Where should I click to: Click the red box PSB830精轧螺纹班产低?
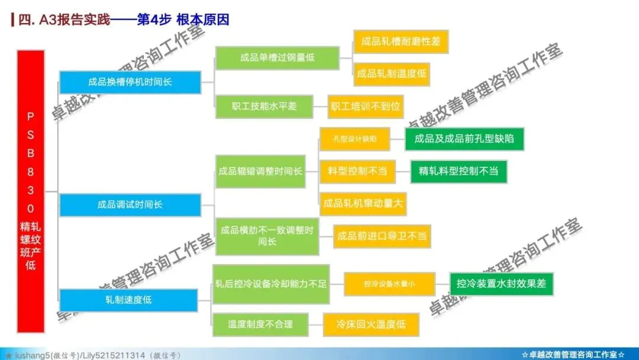click(31, 191)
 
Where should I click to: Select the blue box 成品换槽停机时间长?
click(130, 82)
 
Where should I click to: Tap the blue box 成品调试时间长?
click(130, 205)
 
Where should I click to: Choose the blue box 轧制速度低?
click(128, 300)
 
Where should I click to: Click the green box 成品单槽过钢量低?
click(277, 58)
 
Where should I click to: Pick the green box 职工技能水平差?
click(264, 107)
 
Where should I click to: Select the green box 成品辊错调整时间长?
click(260, 171)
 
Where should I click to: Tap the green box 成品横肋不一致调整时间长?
click(267, 236)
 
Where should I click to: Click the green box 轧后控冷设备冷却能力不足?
click(270, 284)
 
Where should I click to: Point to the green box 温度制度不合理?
click(260, 324)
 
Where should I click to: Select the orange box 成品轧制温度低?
click(391, 74)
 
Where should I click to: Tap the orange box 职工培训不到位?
click(365, 107)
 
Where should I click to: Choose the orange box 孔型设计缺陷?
click(354, 139)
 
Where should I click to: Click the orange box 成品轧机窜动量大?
click(363, 204)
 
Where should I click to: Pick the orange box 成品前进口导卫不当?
click(382, 236)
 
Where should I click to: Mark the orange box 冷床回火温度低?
click(371, 324)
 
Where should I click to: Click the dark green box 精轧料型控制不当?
click(459, 172)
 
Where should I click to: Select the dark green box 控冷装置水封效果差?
click(501, 284)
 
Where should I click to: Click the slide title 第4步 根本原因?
click(183, 20)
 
